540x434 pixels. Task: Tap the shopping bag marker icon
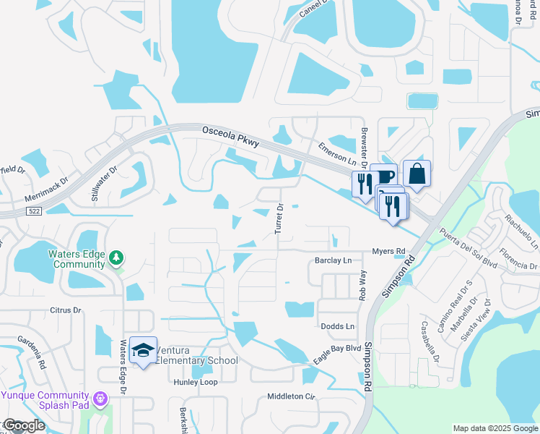[417, 174]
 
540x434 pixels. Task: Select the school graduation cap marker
[144, 350]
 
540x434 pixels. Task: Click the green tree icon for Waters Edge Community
[116, 258]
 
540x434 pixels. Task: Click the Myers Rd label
[389, 251]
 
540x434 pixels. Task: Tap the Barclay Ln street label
[333, 260]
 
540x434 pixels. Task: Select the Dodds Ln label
[338, 326]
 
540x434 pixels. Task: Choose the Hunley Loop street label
[196, 382]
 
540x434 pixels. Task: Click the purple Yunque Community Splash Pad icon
[100, 397]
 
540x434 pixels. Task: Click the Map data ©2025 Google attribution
[495, 428]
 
